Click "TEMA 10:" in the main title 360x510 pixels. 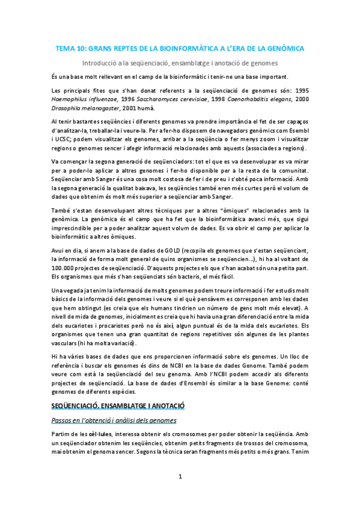pos(70,47)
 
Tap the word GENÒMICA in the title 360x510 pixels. pos(284,47)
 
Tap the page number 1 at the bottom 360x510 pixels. pos(180,477)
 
